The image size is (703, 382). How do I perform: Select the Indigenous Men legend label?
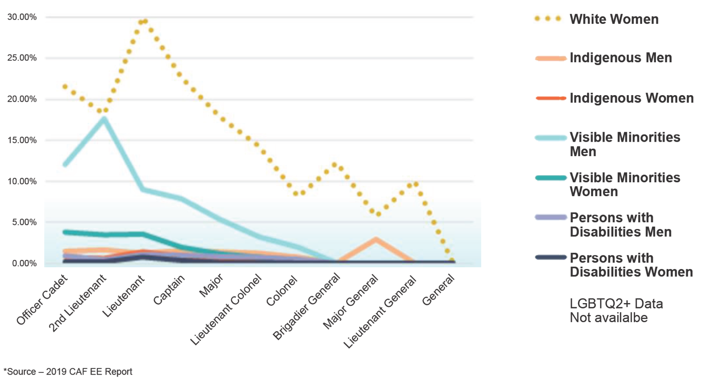pyautogui.click(x=620, y=58)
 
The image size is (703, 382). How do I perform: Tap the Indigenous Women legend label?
pyautogui.click(x=631, y=98)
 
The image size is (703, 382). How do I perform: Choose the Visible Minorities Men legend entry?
pyautogui.click(x=625, y=144)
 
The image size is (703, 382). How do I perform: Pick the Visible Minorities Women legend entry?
pyautogui.click(x=625, y=185)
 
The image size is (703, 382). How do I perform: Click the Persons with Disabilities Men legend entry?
pyautogui.click(x=620, y=225)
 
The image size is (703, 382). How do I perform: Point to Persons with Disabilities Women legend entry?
pyautogui.click(x=631, y=265)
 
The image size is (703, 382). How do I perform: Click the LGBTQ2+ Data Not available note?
pyautogui.click(x=616, y=311)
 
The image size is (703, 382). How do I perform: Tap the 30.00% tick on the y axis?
pyautogui.click(x=22, y=17)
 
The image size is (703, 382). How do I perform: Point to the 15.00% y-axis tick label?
pyautogui.click(x=22, y=140)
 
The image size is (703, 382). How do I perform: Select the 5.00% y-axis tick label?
pyautogui.click(x=24, y=223)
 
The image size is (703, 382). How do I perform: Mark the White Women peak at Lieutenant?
pyautogui.click(x=144, y=22)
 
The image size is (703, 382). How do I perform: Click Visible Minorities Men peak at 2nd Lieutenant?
pyautogui.click(x=103, y=119)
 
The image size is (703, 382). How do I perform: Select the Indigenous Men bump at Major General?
pyautogui.click(x=375, y=239)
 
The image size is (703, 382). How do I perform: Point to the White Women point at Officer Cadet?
pyautogui.click(x=65, y=86)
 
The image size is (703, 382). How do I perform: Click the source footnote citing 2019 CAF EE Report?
pyautogui.click(x=68, y=372)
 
